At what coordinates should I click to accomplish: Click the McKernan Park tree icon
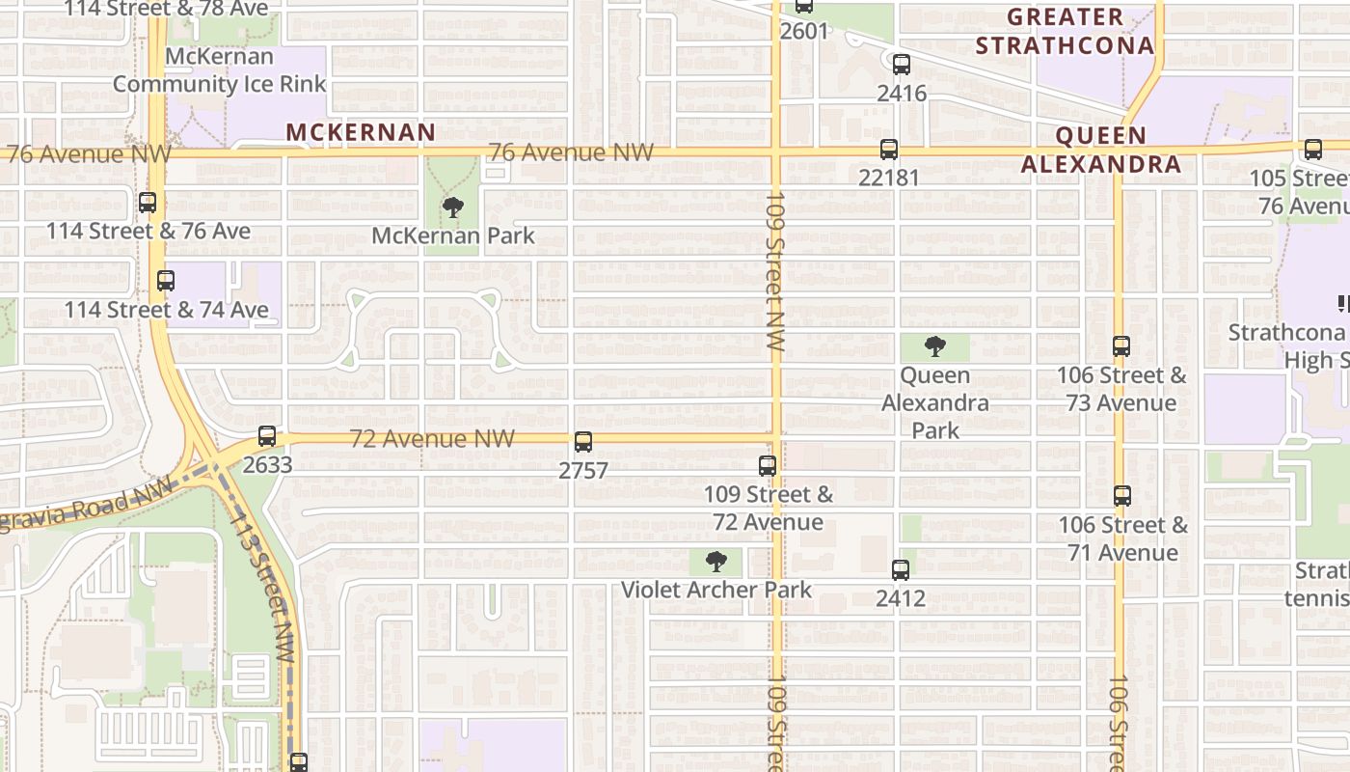(x=452, y=207)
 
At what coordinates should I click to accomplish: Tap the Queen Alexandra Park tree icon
(x=934, y=346)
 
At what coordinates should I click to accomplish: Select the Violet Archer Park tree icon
(x=715, y=562)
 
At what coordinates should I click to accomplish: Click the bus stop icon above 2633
(x=267, y=436)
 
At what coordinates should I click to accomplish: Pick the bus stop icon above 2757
(x=582, y=442)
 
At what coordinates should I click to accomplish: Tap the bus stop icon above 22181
(x=888, y=150)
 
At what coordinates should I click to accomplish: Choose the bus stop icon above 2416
(x=901, y=66)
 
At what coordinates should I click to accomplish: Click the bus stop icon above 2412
(x=900, y=570)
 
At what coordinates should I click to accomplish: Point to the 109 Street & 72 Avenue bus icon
(x=768, y=466)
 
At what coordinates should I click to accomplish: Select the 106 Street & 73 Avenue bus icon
(x=1120, y=346)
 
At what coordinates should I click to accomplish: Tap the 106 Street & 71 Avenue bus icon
(x=1121, y=496)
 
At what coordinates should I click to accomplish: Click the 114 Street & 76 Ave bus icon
(x=148, y=203)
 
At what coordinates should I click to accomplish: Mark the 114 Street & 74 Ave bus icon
(x=166, y=281)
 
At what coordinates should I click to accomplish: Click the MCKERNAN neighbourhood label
(x=361, y=132)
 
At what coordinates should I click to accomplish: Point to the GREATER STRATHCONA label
(x=1065, y=31)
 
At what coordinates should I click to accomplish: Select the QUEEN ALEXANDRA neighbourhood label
(x=1100, y=150)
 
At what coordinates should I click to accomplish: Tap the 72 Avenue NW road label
(x=432, y=439)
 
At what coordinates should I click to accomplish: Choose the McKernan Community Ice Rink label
(x=220, y=69)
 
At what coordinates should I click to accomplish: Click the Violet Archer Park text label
(x=716, y=590)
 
